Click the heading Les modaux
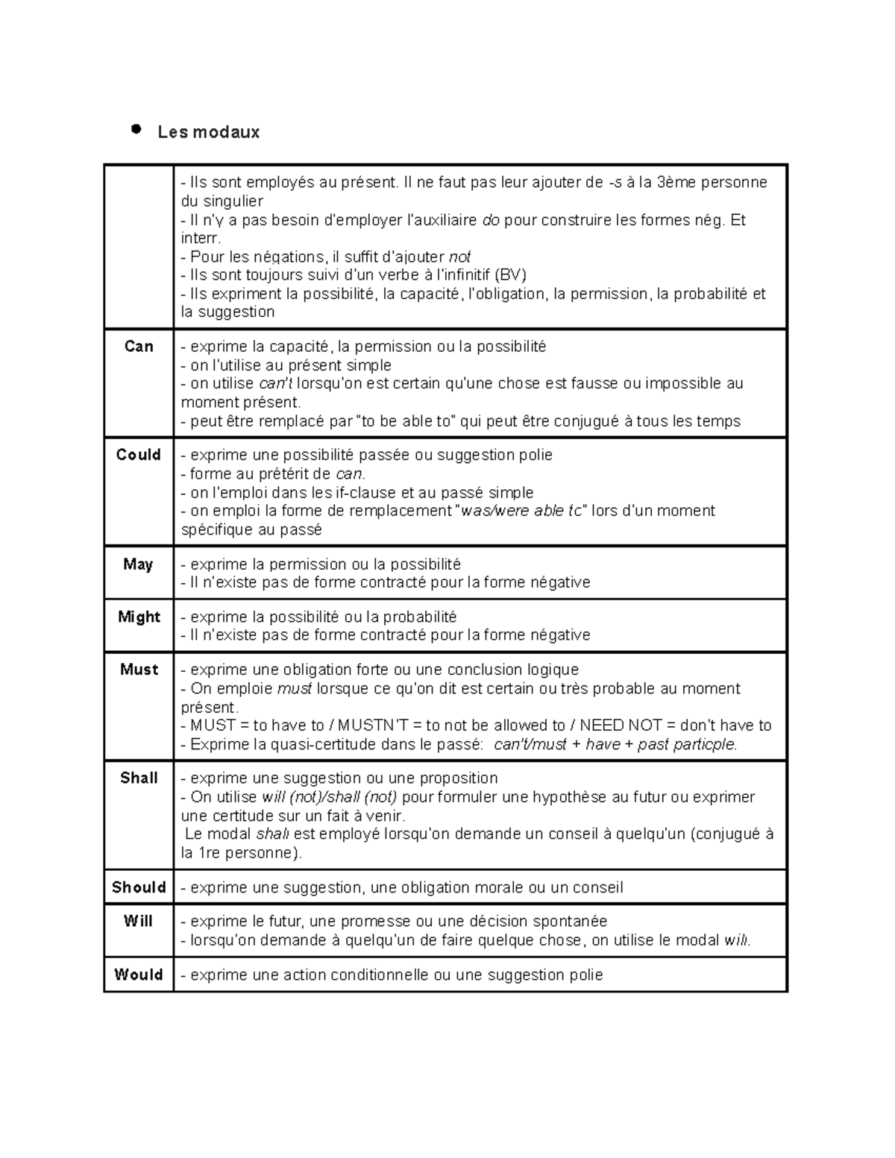(x=208, y=132)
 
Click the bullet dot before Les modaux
(x=136, y=130)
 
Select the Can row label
(x=139, y=346)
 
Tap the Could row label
(x=139, y=455)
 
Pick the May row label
(x=139, y=564)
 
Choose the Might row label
(x=139, y=617)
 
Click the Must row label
(x=139, y=670)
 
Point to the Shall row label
(x=139, y=778)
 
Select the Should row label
(x=139, y=887)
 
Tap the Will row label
(x=139, y=921)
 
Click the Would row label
(x=139, y=975)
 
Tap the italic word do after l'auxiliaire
(x=491, y=220)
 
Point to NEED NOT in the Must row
(x=611, y=726)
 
